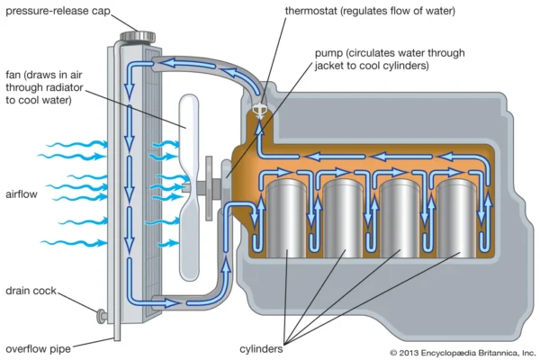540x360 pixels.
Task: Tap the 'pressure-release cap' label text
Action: [x=54, y=13]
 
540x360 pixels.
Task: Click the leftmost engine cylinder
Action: [x=288, y=216]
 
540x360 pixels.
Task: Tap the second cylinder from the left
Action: [x=344, y=216]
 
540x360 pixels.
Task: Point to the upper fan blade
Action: [x=192, y=135]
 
